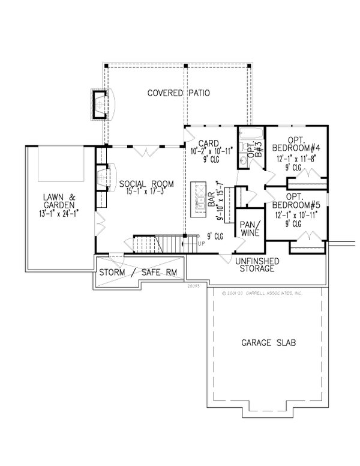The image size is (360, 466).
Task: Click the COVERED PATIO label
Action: (x=174, y=94)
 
